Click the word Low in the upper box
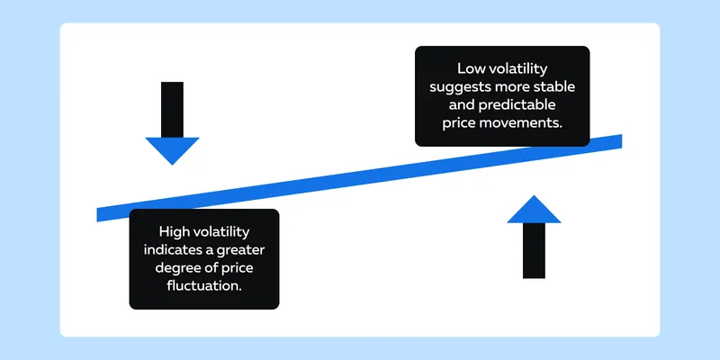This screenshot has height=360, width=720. (x=468, y=69)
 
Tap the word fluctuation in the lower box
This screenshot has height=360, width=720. (x=204, y=285)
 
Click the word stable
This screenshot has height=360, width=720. (x=557, y=86)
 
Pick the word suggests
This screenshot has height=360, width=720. (x=458, y=87)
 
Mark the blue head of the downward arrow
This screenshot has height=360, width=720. (x=172, y=150)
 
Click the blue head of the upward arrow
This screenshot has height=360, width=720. (x=534, y=210)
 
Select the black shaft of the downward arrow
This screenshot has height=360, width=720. (x=172, y=109)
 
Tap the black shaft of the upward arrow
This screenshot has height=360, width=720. (x=534, y=251)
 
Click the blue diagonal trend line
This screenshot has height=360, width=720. (x=359, y=177)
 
